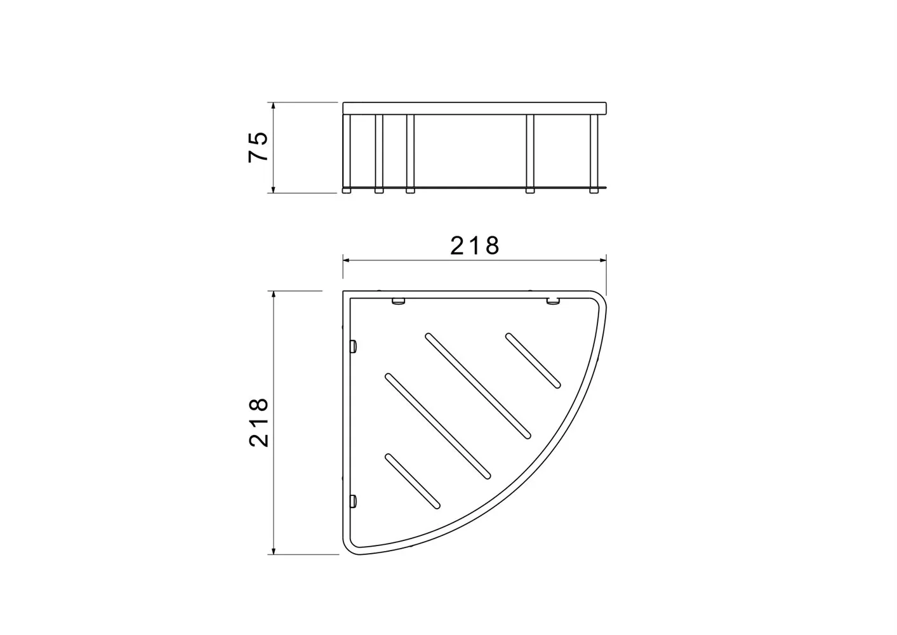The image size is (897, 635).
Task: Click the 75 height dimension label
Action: tap(258, 147)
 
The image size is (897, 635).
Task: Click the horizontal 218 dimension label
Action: tap(475, 246)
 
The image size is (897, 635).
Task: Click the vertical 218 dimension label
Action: tap(258, 422)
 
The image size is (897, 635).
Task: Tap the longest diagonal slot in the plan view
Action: tap(437, 426)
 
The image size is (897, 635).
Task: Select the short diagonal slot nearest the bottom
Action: tap(413, 481)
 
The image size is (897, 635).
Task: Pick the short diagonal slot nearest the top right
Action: tap(533, 361)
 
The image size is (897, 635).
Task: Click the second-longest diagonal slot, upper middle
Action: tap(478, 385)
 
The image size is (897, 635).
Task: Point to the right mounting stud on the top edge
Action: tap(553, 301)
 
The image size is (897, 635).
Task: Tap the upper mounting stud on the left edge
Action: tap(354, 347)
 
